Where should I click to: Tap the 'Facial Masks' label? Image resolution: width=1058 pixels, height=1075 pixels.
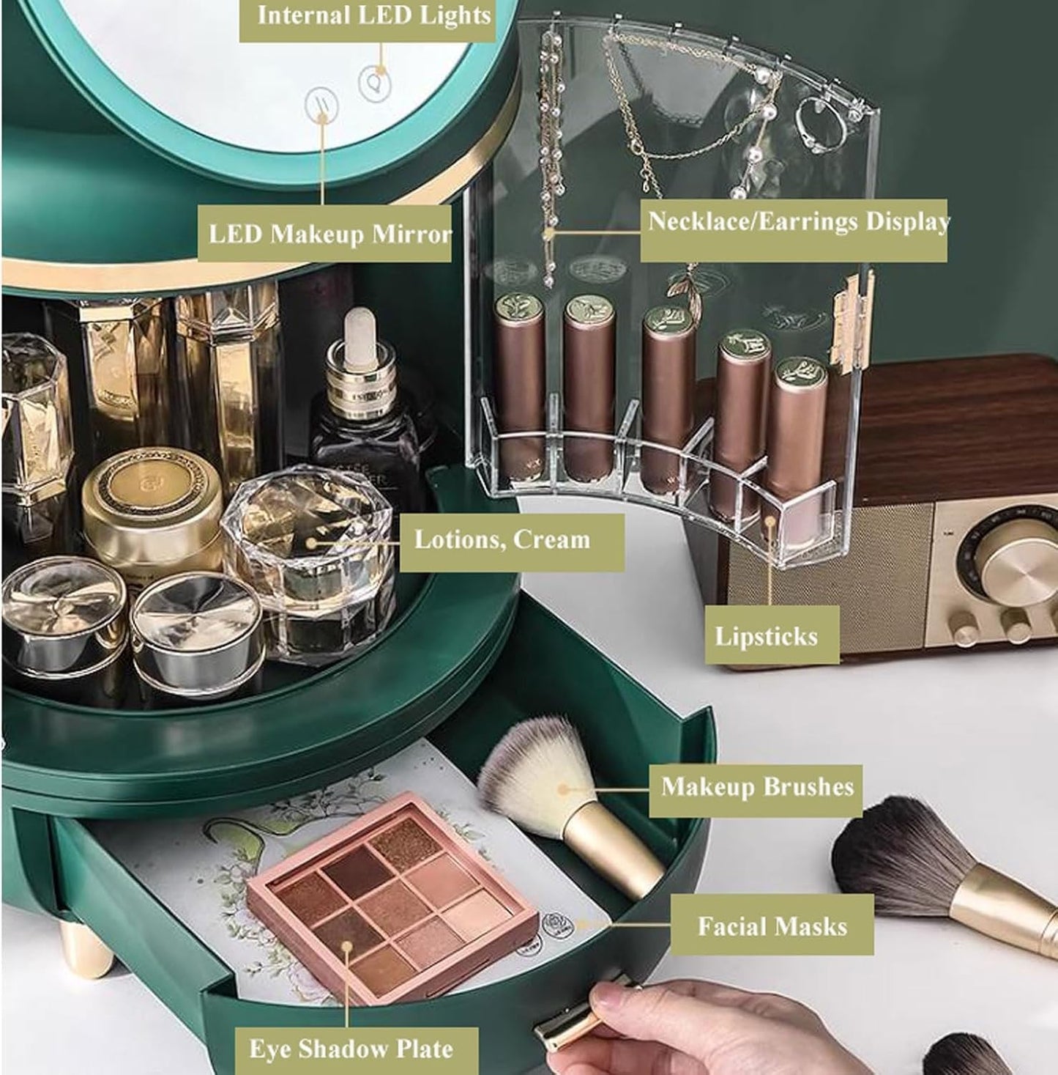point(772,926)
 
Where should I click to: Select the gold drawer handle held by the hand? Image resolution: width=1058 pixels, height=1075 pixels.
point(574,1011)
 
